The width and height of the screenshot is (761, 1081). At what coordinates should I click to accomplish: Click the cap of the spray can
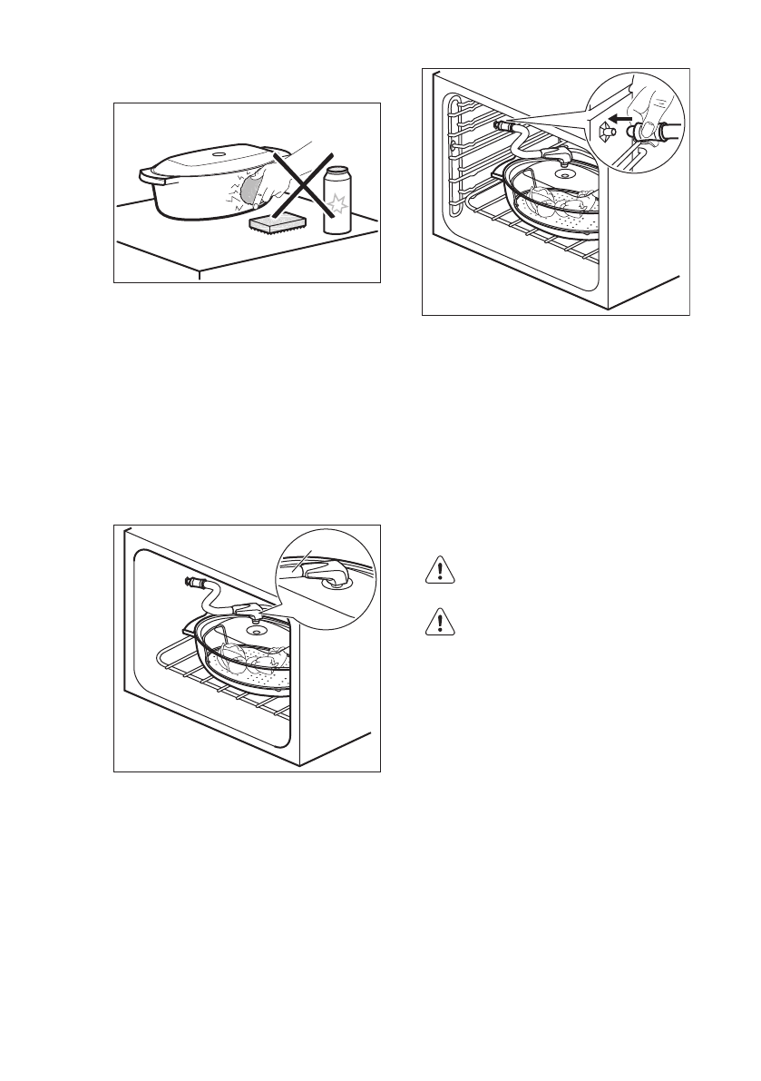338,171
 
